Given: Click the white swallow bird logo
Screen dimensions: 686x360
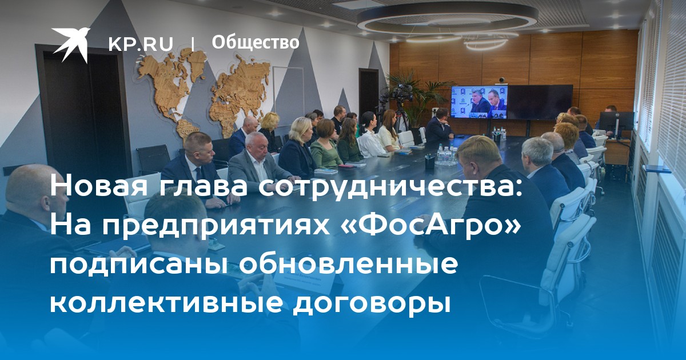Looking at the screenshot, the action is coord(71,44).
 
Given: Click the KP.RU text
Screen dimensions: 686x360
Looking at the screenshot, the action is coord(141,44).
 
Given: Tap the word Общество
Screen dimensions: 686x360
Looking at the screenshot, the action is coord(256,42).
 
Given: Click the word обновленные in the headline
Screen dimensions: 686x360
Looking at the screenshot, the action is coord(348,263).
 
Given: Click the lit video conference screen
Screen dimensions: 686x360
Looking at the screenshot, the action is coord(479,102).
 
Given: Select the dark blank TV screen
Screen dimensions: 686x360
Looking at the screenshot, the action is coord(540,102).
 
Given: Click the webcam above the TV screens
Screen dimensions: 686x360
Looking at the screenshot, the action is coord(501,80).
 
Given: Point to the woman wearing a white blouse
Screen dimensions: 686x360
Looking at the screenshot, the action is coord(370,135).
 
